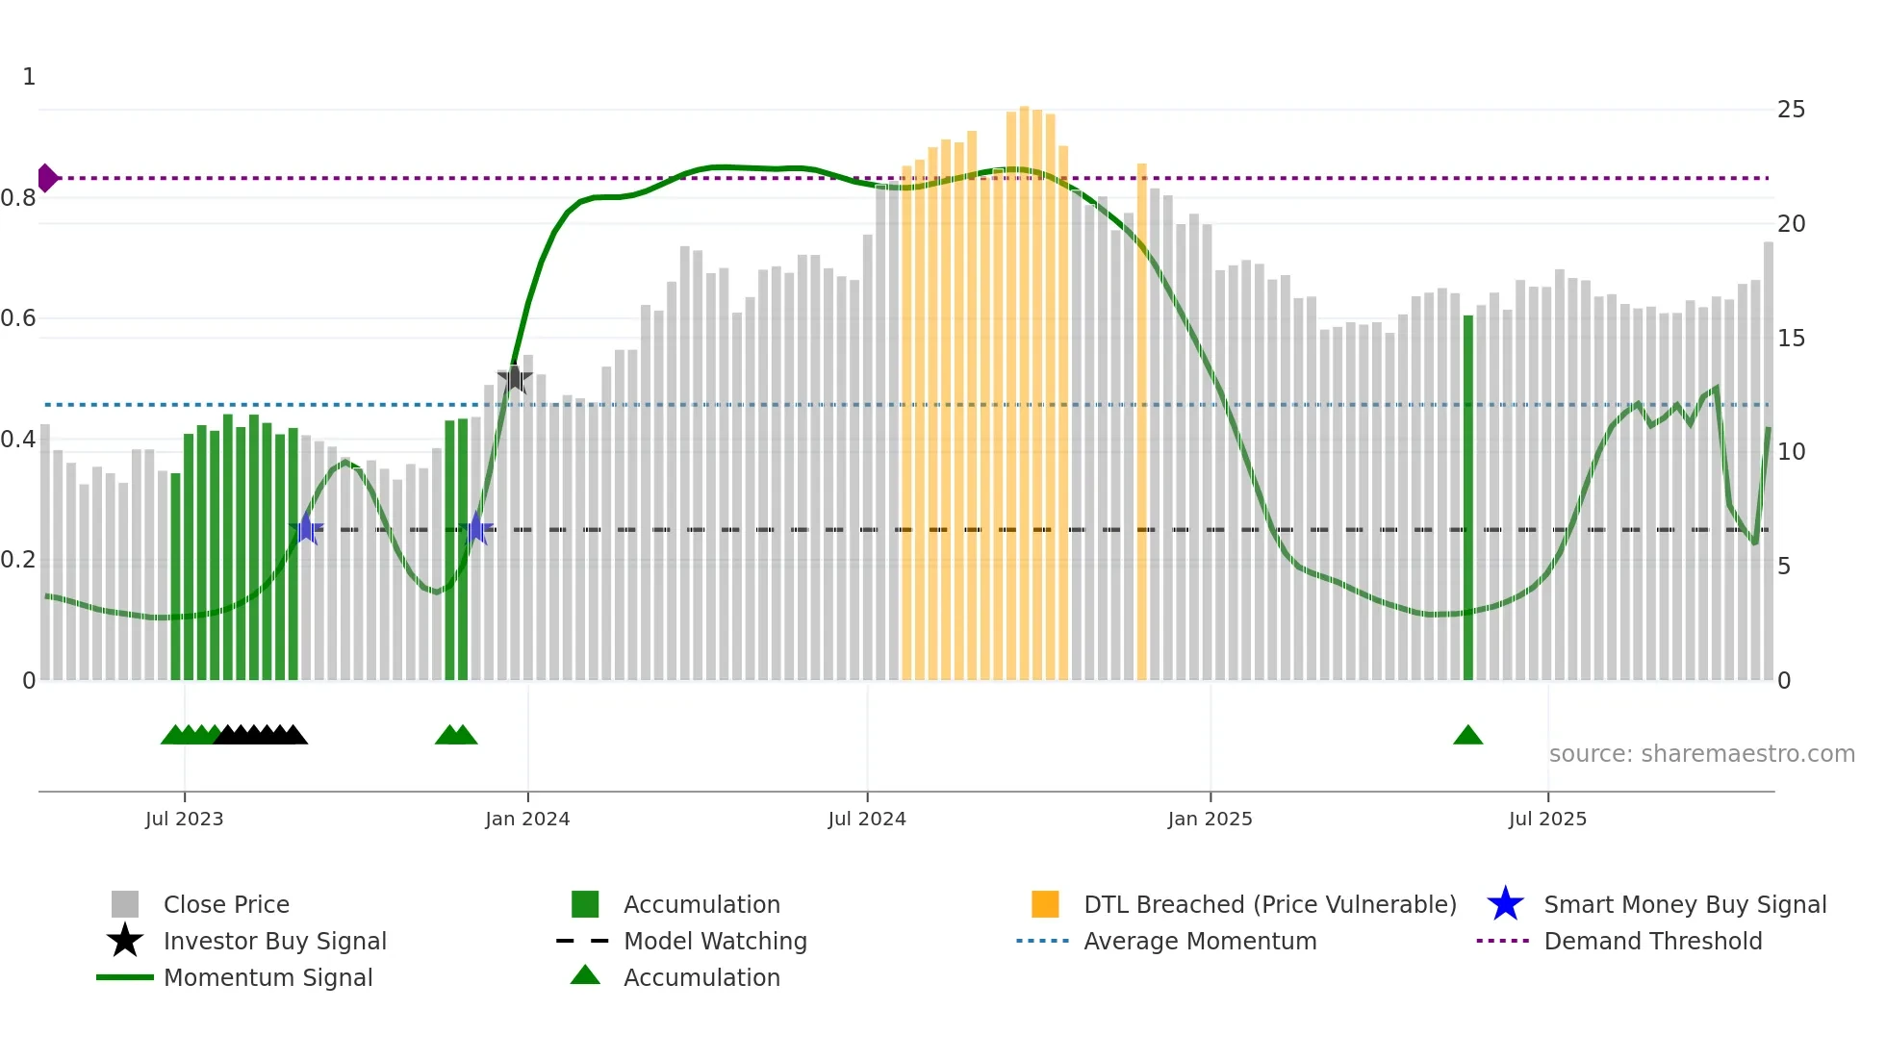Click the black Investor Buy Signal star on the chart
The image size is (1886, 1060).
coord(515,379)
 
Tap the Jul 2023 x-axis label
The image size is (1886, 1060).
coord(185,819)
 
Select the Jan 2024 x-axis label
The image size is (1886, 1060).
coord(527,819)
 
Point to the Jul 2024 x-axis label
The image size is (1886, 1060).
coord(867,819)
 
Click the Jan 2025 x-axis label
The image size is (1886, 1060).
coord(1210,819)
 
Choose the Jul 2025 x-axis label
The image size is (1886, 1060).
coord(1547,819)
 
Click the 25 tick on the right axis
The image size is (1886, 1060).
coord(1791,110)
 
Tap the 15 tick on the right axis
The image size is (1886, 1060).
coord(1791,339)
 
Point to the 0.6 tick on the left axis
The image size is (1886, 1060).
coord(18,318)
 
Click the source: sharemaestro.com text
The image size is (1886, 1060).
coord(1701,754)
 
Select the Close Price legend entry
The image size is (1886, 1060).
coord(226,905)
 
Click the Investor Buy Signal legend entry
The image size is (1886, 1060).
coord(274,942)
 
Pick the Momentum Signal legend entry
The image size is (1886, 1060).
coord(268,978)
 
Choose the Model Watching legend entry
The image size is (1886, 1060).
coord(715,942)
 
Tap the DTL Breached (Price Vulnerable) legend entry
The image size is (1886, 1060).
coord(1269,905)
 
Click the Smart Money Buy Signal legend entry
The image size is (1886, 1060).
coord(1684,905)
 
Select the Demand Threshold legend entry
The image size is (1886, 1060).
coord(1652,942)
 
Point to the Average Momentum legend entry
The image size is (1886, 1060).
coord(1200,942)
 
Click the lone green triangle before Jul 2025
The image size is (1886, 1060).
coord(1467,736)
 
